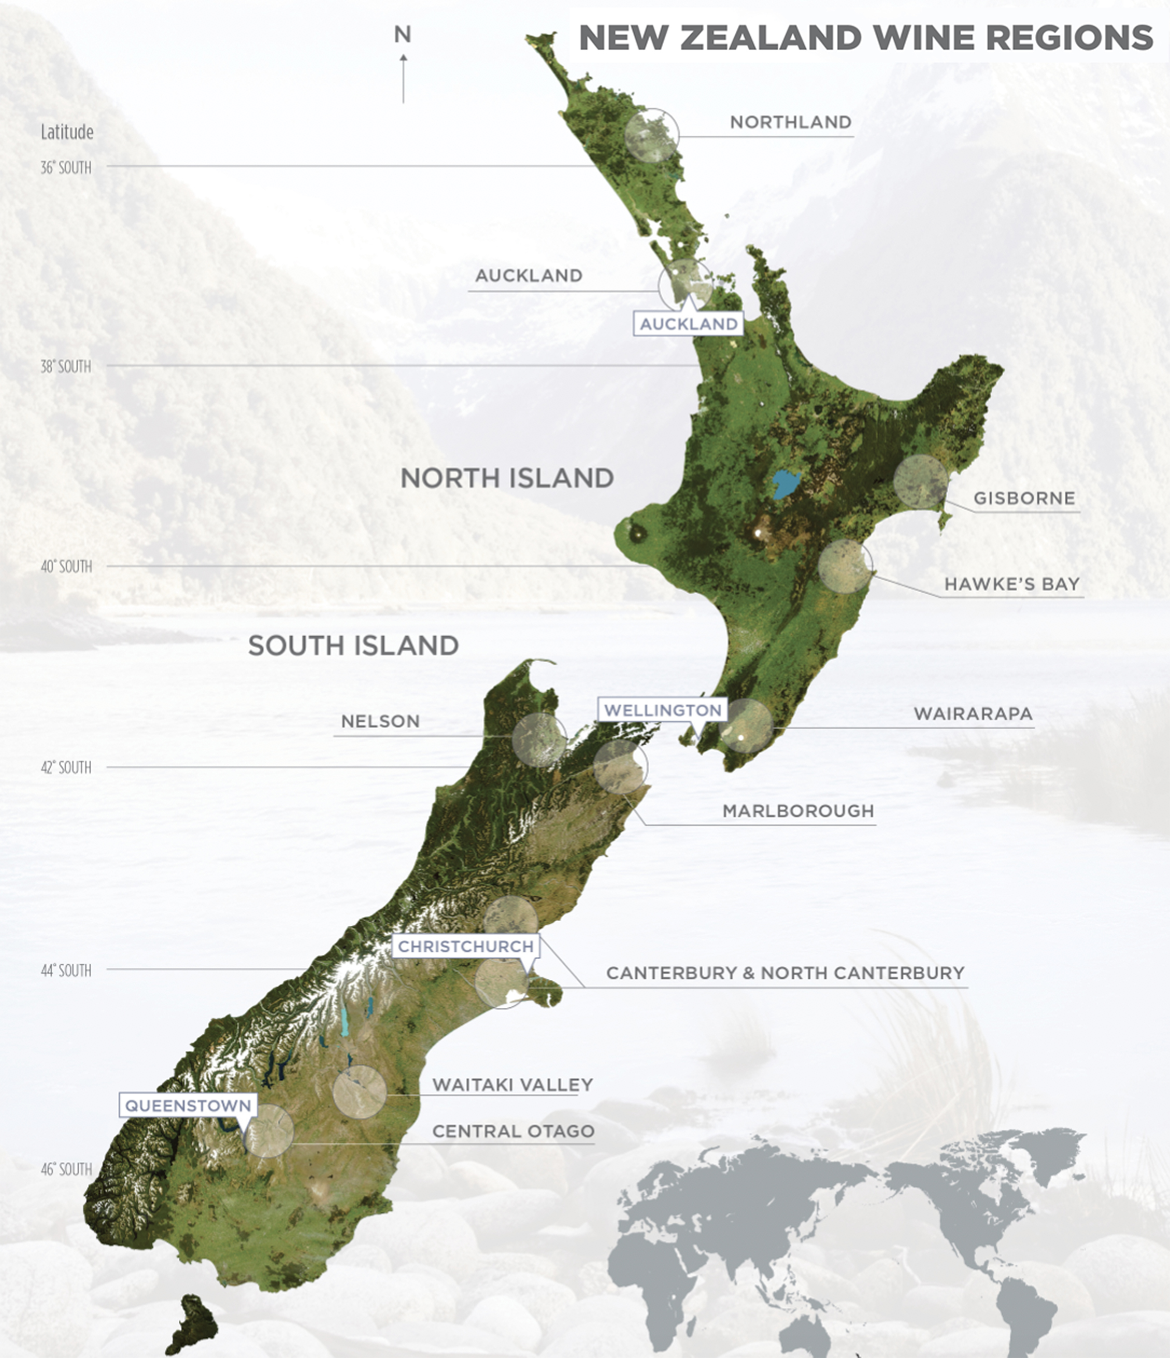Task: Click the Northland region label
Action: point(791,123)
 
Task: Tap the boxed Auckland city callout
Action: point(688,324)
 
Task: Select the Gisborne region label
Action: point(1024,498)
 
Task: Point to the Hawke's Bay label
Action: point(1011,584)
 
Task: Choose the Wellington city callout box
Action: point(662,710)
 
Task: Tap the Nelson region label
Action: point(380,722)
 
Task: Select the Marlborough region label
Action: point(797,811)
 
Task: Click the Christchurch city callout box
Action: point(465,947)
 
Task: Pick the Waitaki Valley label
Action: point(512,1085)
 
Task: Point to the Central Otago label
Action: point(513,1131)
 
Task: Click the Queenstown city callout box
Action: point(188,1106)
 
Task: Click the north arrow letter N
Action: point(403,35)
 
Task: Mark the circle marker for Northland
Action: point(651,136)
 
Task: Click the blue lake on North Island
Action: point(785,484)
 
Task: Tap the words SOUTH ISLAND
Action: point(353,646)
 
